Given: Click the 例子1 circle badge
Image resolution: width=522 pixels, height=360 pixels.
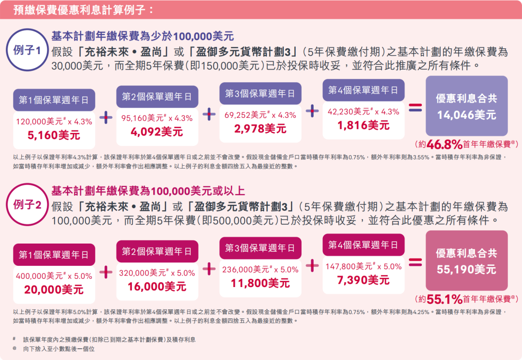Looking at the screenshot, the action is coord(27,50).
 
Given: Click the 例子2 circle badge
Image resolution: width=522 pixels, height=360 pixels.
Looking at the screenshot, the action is coord(27,205).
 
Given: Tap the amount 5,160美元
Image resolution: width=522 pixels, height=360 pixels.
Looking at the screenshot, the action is coord(54,135).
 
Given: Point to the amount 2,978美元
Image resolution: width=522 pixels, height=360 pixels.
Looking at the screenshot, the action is coord(260,129).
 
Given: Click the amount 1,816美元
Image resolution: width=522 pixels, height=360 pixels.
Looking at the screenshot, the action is coord(363,125).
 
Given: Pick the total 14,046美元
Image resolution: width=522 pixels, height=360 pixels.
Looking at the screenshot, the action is coord(466,115).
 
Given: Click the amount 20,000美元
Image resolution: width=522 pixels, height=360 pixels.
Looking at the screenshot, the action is coord(54,289).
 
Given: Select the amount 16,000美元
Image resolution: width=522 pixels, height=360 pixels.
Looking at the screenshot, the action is coord(157,287).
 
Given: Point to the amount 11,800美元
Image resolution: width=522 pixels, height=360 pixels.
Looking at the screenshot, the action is coord(260,283).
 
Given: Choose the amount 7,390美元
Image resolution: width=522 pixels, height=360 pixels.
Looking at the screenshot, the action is coord(363,280).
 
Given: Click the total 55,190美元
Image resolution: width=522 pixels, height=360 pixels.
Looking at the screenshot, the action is coord(466,269).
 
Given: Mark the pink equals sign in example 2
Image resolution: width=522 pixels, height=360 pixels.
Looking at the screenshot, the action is coord(415,262).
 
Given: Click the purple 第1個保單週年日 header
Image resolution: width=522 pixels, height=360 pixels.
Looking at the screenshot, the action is coord(54,101).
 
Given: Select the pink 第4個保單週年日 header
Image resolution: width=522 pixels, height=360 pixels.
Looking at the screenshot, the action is coord(363,245).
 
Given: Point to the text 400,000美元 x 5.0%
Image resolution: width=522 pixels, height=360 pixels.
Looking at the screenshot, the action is coord(54,276).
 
